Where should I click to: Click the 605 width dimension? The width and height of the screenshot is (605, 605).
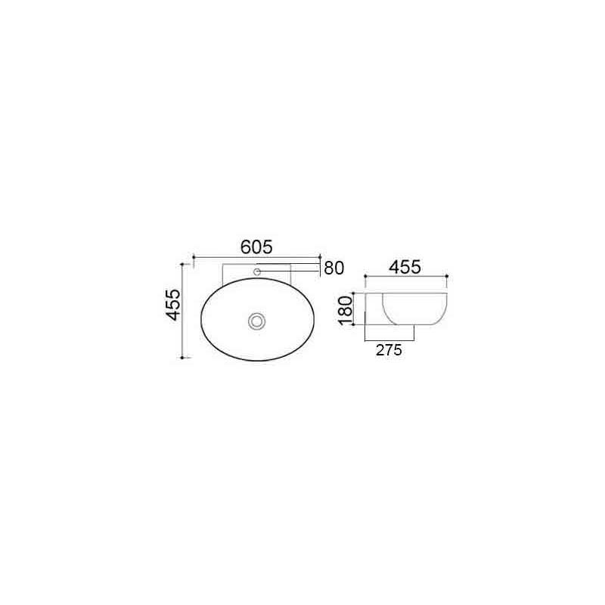pyautogui.click(x=256, y=247)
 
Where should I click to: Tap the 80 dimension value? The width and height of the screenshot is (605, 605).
pyautogui.click(x=334, y=268)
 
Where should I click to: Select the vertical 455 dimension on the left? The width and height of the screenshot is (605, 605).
pyautogui.click(x=173, y=305)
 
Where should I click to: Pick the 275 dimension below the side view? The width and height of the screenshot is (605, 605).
pyautogui.click(x=387, y=350)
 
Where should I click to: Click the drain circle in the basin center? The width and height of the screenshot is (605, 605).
pyautogui.click(x=257, y=321)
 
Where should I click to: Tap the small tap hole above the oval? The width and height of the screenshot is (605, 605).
pyautogui.click(x=257, y=270)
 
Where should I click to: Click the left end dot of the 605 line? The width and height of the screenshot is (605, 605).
pyautogui.click(x=195, y=258)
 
